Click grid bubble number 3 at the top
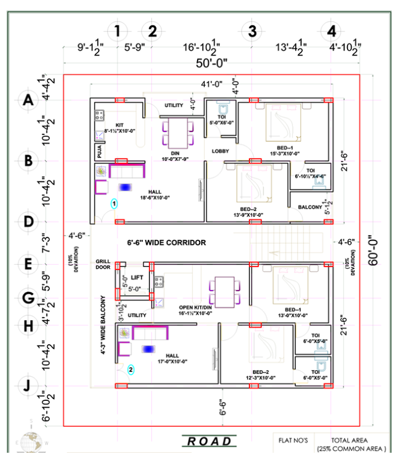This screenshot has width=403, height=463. pos(252,30)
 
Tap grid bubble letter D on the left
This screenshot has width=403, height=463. pos(27,221)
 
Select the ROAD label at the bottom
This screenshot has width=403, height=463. pos(210,441)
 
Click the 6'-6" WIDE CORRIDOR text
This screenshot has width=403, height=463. pos(167,242)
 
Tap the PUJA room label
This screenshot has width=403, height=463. pos(97,151)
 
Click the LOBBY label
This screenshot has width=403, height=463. pos(220,151)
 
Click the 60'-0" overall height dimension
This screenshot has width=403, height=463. pos(375,250)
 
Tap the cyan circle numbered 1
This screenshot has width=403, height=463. pos(113,204)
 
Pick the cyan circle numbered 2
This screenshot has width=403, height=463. pos(131,370)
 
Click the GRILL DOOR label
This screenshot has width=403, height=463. pos(102,265)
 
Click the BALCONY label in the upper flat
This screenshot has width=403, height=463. pos(310,207)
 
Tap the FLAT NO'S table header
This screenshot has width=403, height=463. pos(292,440)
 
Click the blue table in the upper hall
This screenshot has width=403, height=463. pos(125,187)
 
